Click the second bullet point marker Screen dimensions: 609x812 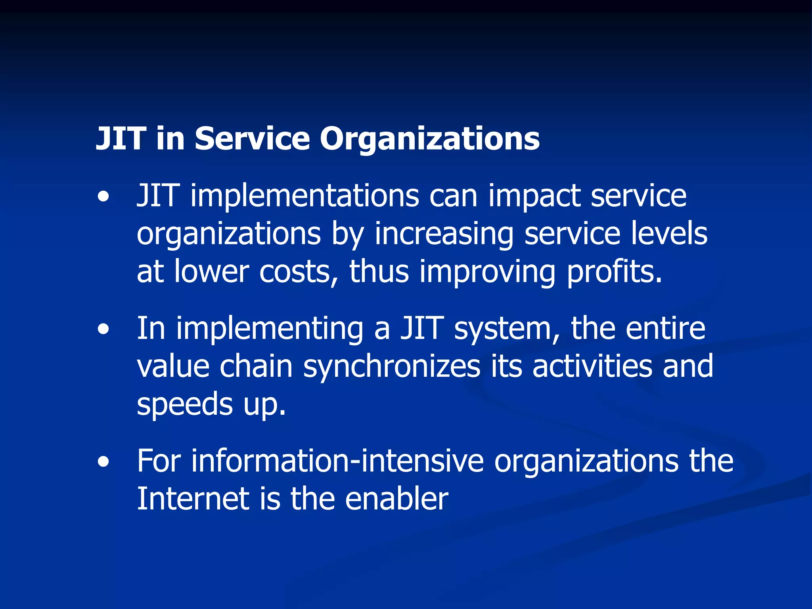click(103, 329)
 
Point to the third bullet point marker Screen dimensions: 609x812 click(103, 462)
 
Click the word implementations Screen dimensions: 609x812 click(305, 196)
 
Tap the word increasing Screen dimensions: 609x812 click(444, 234)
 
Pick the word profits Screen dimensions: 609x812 click(614, 272)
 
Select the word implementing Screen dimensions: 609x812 click(270, 329)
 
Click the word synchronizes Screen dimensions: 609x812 click(392, 367)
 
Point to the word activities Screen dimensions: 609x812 click(592, 367)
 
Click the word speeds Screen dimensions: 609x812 click(185, 404)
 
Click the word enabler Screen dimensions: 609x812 click(396, 499)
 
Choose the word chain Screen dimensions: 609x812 click(256, 367)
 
